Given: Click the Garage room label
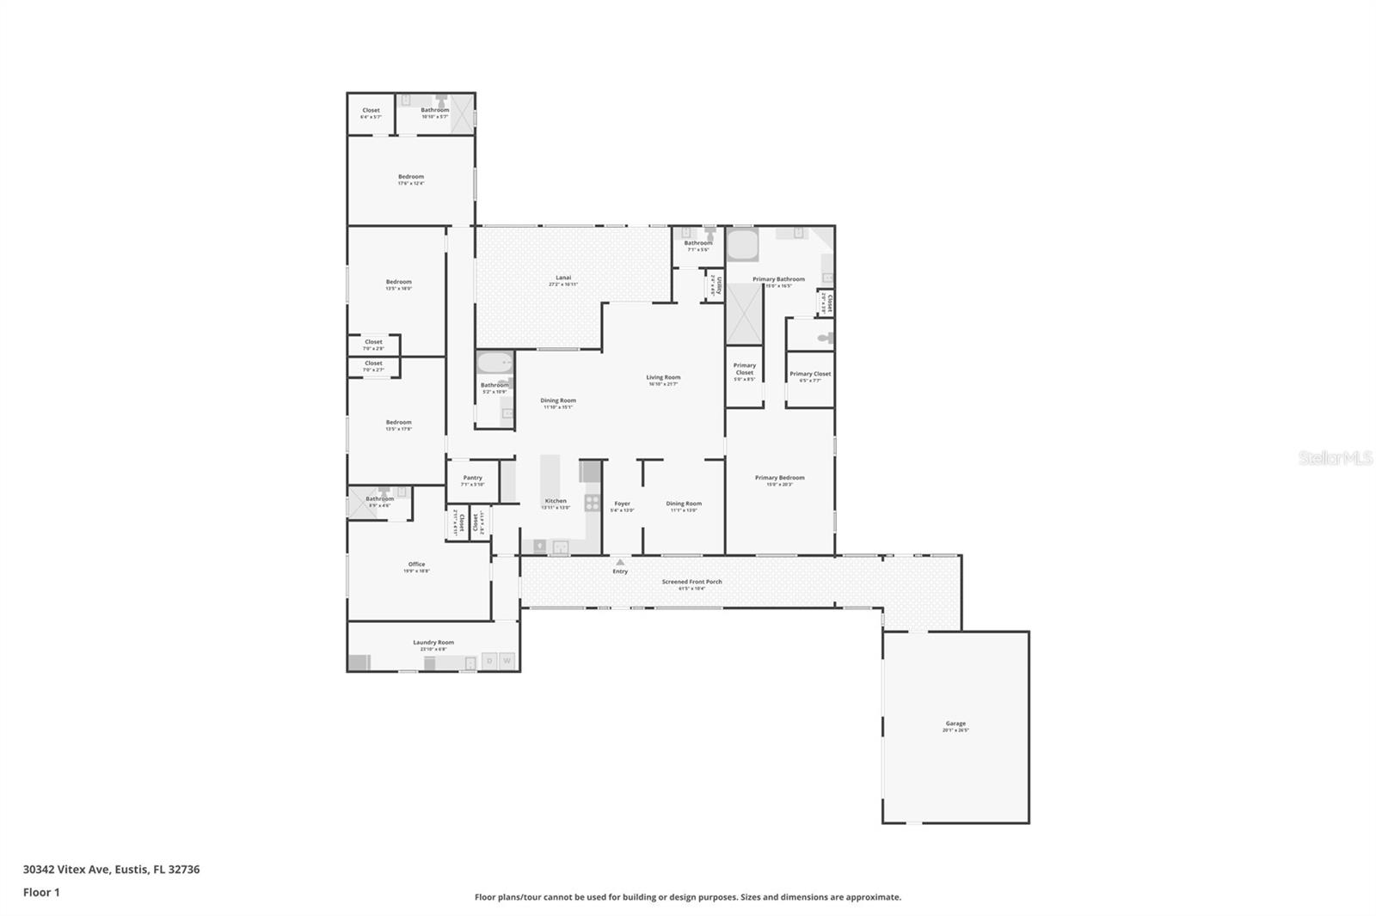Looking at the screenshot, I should click(955, 724).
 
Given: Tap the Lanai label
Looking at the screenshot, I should click(563, 278).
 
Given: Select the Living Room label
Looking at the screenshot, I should click(663, 377).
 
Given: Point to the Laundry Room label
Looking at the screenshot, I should click(433, 643).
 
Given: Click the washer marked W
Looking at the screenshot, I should click(507, 661).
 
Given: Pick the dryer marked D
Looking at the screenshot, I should click(489, 661).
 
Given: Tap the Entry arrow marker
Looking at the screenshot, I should click(620, 562).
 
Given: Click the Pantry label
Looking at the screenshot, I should click(472, 478).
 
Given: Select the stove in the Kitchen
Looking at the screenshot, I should click(593, 503).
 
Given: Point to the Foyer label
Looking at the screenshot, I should click(622, 504).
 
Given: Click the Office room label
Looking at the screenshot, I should click(416, 565).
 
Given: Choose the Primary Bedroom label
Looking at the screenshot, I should click(779, 478).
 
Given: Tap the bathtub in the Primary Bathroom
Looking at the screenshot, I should click(743, 245).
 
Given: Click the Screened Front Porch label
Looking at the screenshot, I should click(691, 582).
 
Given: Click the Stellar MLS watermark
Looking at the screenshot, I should click(1335, 459).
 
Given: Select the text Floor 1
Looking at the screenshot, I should click(41, 892).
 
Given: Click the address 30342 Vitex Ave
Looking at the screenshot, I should click(67, 869).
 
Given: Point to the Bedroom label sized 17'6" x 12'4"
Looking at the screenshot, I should click(410, 177).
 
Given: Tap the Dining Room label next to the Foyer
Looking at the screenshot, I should click(684, 504).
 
